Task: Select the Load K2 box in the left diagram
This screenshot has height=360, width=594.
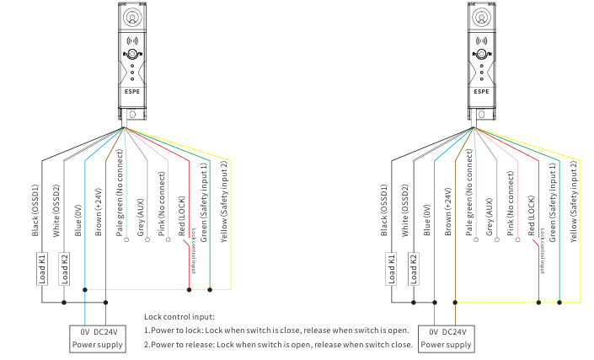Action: (x=63, y=270)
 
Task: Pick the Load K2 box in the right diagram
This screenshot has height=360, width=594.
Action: (x=413, y=270)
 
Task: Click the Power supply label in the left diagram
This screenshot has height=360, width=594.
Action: (x=98, y=345)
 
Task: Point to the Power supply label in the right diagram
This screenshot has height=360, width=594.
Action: (x=447, y=345)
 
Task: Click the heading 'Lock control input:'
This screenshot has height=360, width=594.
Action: (x=179, y=315)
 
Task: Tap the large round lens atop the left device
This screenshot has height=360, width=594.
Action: (x=131, y=18)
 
